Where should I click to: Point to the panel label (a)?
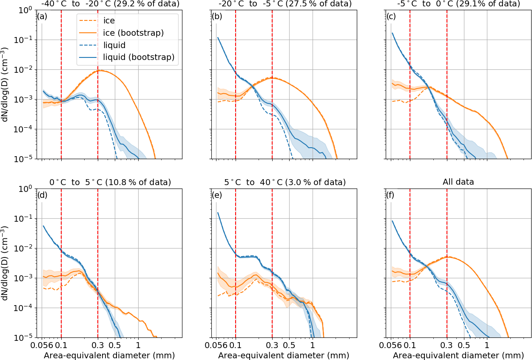click(x=43, y=17)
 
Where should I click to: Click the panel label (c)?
click(x=392, y=17)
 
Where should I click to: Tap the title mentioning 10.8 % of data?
click(x=110, y=182)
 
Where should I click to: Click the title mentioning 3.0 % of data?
click(x=284, y=182)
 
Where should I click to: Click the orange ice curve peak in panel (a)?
click(x=99, y=71)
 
